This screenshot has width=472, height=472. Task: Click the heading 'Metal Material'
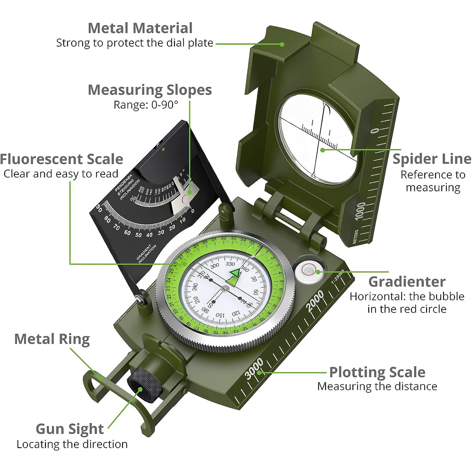140,28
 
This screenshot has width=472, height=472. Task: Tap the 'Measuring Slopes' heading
149,90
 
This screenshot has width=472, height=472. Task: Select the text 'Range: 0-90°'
146,105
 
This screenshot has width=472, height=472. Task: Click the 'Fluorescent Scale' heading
61,159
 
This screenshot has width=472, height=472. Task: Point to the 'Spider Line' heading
432,159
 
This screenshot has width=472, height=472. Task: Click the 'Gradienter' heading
407,282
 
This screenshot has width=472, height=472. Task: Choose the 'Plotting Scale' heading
377,372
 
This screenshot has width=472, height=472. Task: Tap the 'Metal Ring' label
52,339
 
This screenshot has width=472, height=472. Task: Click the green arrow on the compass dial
234,277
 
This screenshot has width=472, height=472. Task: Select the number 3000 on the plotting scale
254,368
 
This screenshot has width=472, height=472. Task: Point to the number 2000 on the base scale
315,301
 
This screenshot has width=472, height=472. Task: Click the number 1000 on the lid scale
360,211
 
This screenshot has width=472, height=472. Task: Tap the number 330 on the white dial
230,264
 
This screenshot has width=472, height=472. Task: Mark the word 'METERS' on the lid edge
355,236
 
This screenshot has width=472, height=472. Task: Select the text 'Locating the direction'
72,444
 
